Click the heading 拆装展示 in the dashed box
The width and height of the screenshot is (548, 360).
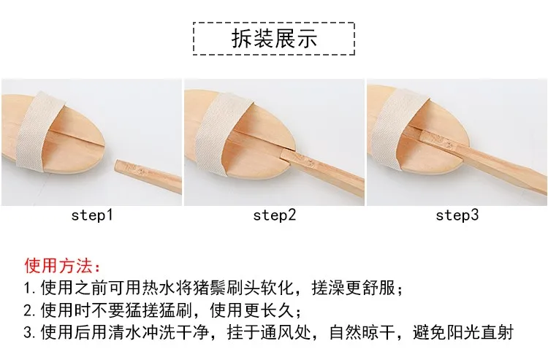(x=274, y=38)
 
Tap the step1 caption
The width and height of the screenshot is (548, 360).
(x=92, y=215)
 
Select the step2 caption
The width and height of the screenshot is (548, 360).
(x=274, y=215)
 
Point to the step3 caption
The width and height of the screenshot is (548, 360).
(x=457, y=215)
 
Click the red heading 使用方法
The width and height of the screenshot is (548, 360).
(x=62, y=266)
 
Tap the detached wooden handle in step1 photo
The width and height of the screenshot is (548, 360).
(x=148, y=176)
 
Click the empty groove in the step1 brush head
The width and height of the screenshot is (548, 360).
(x=76, y=138)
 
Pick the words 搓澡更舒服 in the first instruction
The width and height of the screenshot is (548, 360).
(x=354, y=288)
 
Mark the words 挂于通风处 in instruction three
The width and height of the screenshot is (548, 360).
(x=269, y=332)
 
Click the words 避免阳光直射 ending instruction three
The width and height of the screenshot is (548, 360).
(x=463, y=332)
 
